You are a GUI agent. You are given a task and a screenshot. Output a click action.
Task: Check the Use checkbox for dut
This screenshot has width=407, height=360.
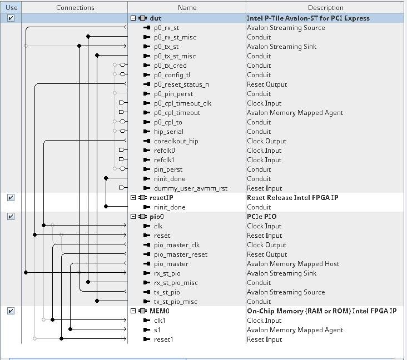click(11, 18)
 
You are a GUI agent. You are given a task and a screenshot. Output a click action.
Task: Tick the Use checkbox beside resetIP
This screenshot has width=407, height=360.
click(11, 198)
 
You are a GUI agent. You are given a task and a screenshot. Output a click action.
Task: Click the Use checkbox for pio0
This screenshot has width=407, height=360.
click(11, 217)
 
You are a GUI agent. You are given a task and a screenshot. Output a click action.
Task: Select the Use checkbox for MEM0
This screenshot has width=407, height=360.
click(11, 311)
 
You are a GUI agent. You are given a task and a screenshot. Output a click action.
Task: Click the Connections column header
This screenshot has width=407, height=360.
click(75, 8)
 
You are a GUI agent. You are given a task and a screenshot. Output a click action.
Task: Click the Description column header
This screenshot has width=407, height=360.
click(325, 8)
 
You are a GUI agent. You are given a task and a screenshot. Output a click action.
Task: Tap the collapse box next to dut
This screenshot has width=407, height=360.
click(133, 18)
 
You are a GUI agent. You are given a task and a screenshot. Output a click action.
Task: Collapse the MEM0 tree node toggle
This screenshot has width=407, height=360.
click(133, 311)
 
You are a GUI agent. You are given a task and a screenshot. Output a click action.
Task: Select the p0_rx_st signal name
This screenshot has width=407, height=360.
click(166, 28)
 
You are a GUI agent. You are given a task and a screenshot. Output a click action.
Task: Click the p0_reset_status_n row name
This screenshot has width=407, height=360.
click(181, 84)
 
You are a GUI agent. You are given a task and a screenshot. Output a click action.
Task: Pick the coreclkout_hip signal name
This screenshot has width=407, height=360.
click(176, 141)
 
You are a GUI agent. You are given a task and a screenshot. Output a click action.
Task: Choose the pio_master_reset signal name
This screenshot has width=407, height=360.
click(181, 254)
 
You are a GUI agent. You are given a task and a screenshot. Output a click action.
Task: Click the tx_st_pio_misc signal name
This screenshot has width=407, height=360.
click(176, 302)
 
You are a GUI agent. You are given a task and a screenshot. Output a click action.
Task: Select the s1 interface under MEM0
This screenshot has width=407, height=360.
click(157, 330)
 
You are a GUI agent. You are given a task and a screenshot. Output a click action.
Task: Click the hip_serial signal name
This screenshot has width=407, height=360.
click(168, 132)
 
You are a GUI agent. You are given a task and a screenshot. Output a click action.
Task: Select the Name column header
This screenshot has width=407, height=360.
click(187, 8)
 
